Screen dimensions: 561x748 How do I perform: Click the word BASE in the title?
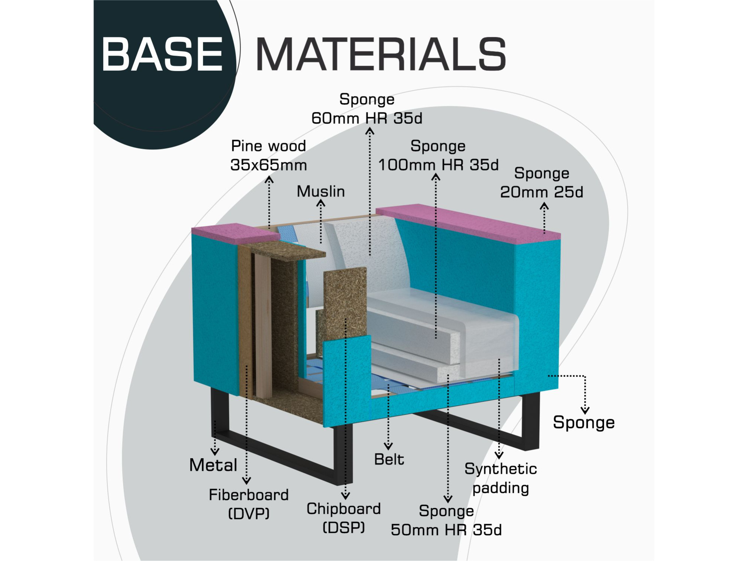(162, 54)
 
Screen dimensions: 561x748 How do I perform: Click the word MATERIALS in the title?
(381, 54)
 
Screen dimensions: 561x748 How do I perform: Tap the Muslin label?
(321, 191)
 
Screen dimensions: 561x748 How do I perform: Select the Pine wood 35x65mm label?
(269, 156)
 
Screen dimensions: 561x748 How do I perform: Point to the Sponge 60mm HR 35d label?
(367, 109)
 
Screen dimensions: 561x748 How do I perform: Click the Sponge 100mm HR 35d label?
(438, 156)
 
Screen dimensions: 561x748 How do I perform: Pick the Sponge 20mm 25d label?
(542, 183)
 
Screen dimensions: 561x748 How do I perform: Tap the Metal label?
(213, 465)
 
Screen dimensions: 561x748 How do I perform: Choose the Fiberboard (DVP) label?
(249, 504)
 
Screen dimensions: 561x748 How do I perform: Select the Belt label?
(389, 459)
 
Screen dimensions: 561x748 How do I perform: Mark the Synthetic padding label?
(500, 478)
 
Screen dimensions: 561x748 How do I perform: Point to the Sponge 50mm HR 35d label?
(446, 520)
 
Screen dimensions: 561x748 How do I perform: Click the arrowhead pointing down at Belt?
(388, 446)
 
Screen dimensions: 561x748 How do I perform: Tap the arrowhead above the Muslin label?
(321, 203)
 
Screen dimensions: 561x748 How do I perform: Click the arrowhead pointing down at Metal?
(215, 452)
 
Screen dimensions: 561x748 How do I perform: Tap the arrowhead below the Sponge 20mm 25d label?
(544, 206)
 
